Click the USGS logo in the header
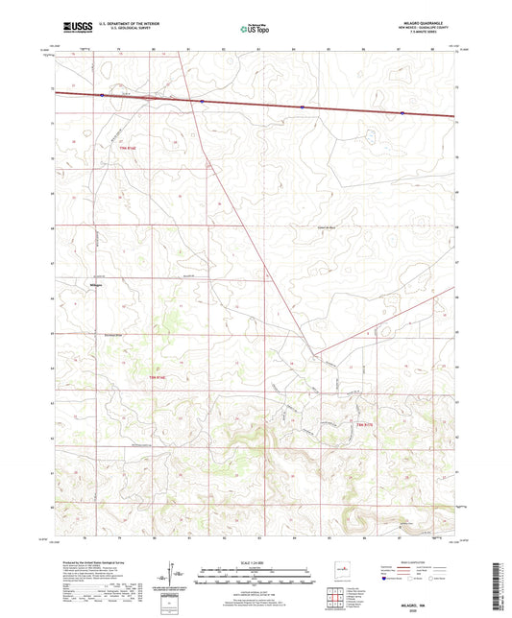tap(72, 29)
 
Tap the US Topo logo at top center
tap(255, 29)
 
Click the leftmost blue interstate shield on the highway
tap(102, 95)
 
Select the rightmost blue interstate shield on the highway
tap(402, 112)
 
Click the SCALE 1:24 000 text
tap(256, 561)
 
